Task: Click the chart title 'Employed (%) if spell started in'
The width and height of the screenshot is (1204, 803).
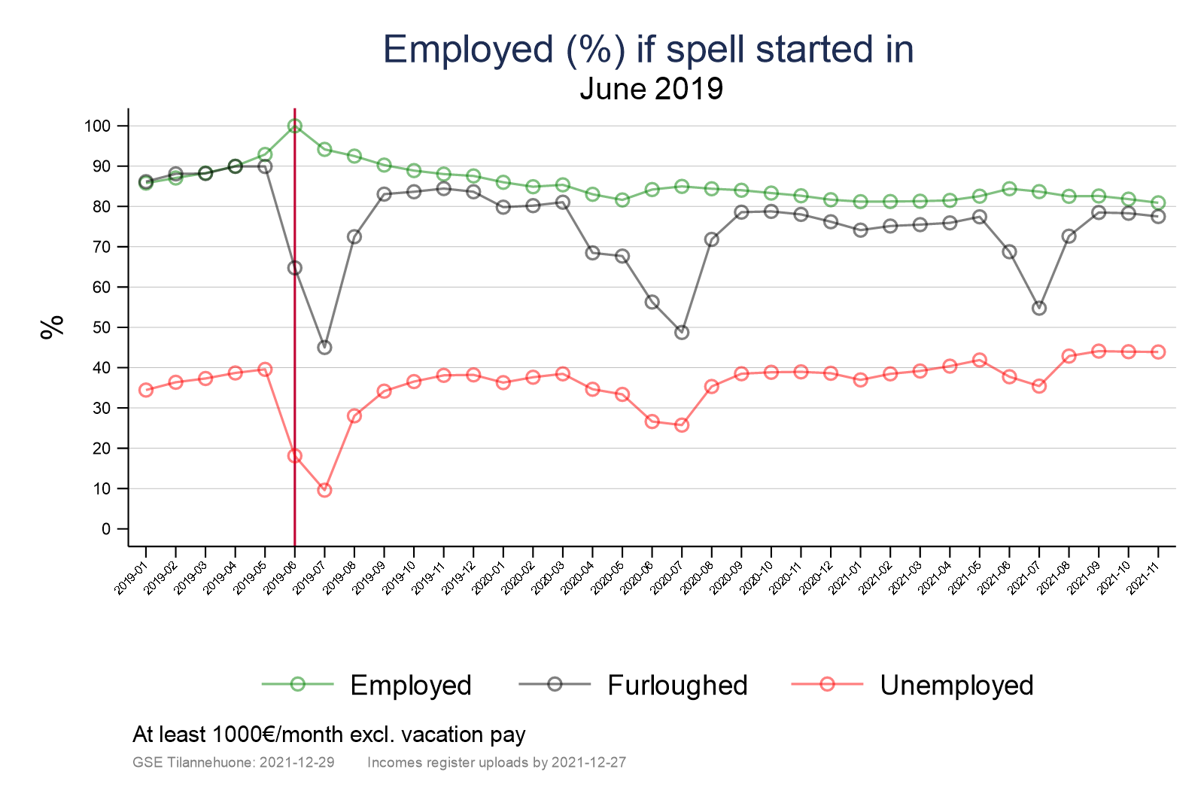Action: [x=648, y=50]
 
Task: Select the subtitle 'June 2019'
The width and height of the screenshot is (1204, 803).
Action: [x=651, y=89]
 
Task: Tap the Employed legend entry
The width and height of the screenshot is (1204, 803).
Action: [x=410, y=685]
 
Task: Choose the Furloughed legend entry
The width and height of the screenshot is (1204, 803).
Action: [x=676, y=685]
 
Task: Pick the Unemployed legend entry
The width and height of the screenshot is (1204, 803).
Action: [x=956, y=685]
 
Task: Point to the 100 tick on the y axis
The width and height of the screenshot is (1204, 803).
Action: [x=97, y=126]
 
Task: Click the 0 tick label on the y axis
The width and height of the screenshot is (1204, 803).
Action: [x=105, y=529]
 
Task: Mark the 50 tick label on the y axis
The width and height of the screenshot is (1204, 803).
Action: [x=101, y=327]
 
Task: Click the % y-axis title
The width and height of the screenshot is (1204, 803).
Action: [x=52, y=327]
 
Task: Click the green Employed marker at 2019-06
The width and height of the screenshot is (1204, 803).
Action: [x=294, y=126]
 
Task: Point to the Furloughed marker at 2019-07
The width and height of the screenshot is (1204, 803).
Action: [x=324, y=347]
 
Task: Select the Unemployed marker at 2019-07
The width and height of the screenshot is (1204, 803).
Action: [x=324, y=490]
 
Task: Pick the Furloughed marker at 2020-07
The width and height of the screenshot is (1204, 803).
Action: [x=682, y=332]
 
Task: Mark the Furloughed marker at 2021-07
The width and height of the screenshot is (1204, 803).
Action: [x=1039, y=308]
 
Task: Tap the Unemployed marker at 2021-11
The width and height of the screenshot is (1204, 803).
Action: [x=1158, y=352]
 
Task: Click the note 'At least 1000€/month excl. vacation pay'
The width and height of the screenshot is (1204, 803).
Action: [x=329, y=735]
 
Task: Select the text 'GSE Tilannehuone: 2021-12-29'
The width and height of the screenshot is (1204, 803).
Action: [x=233, y=762]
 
